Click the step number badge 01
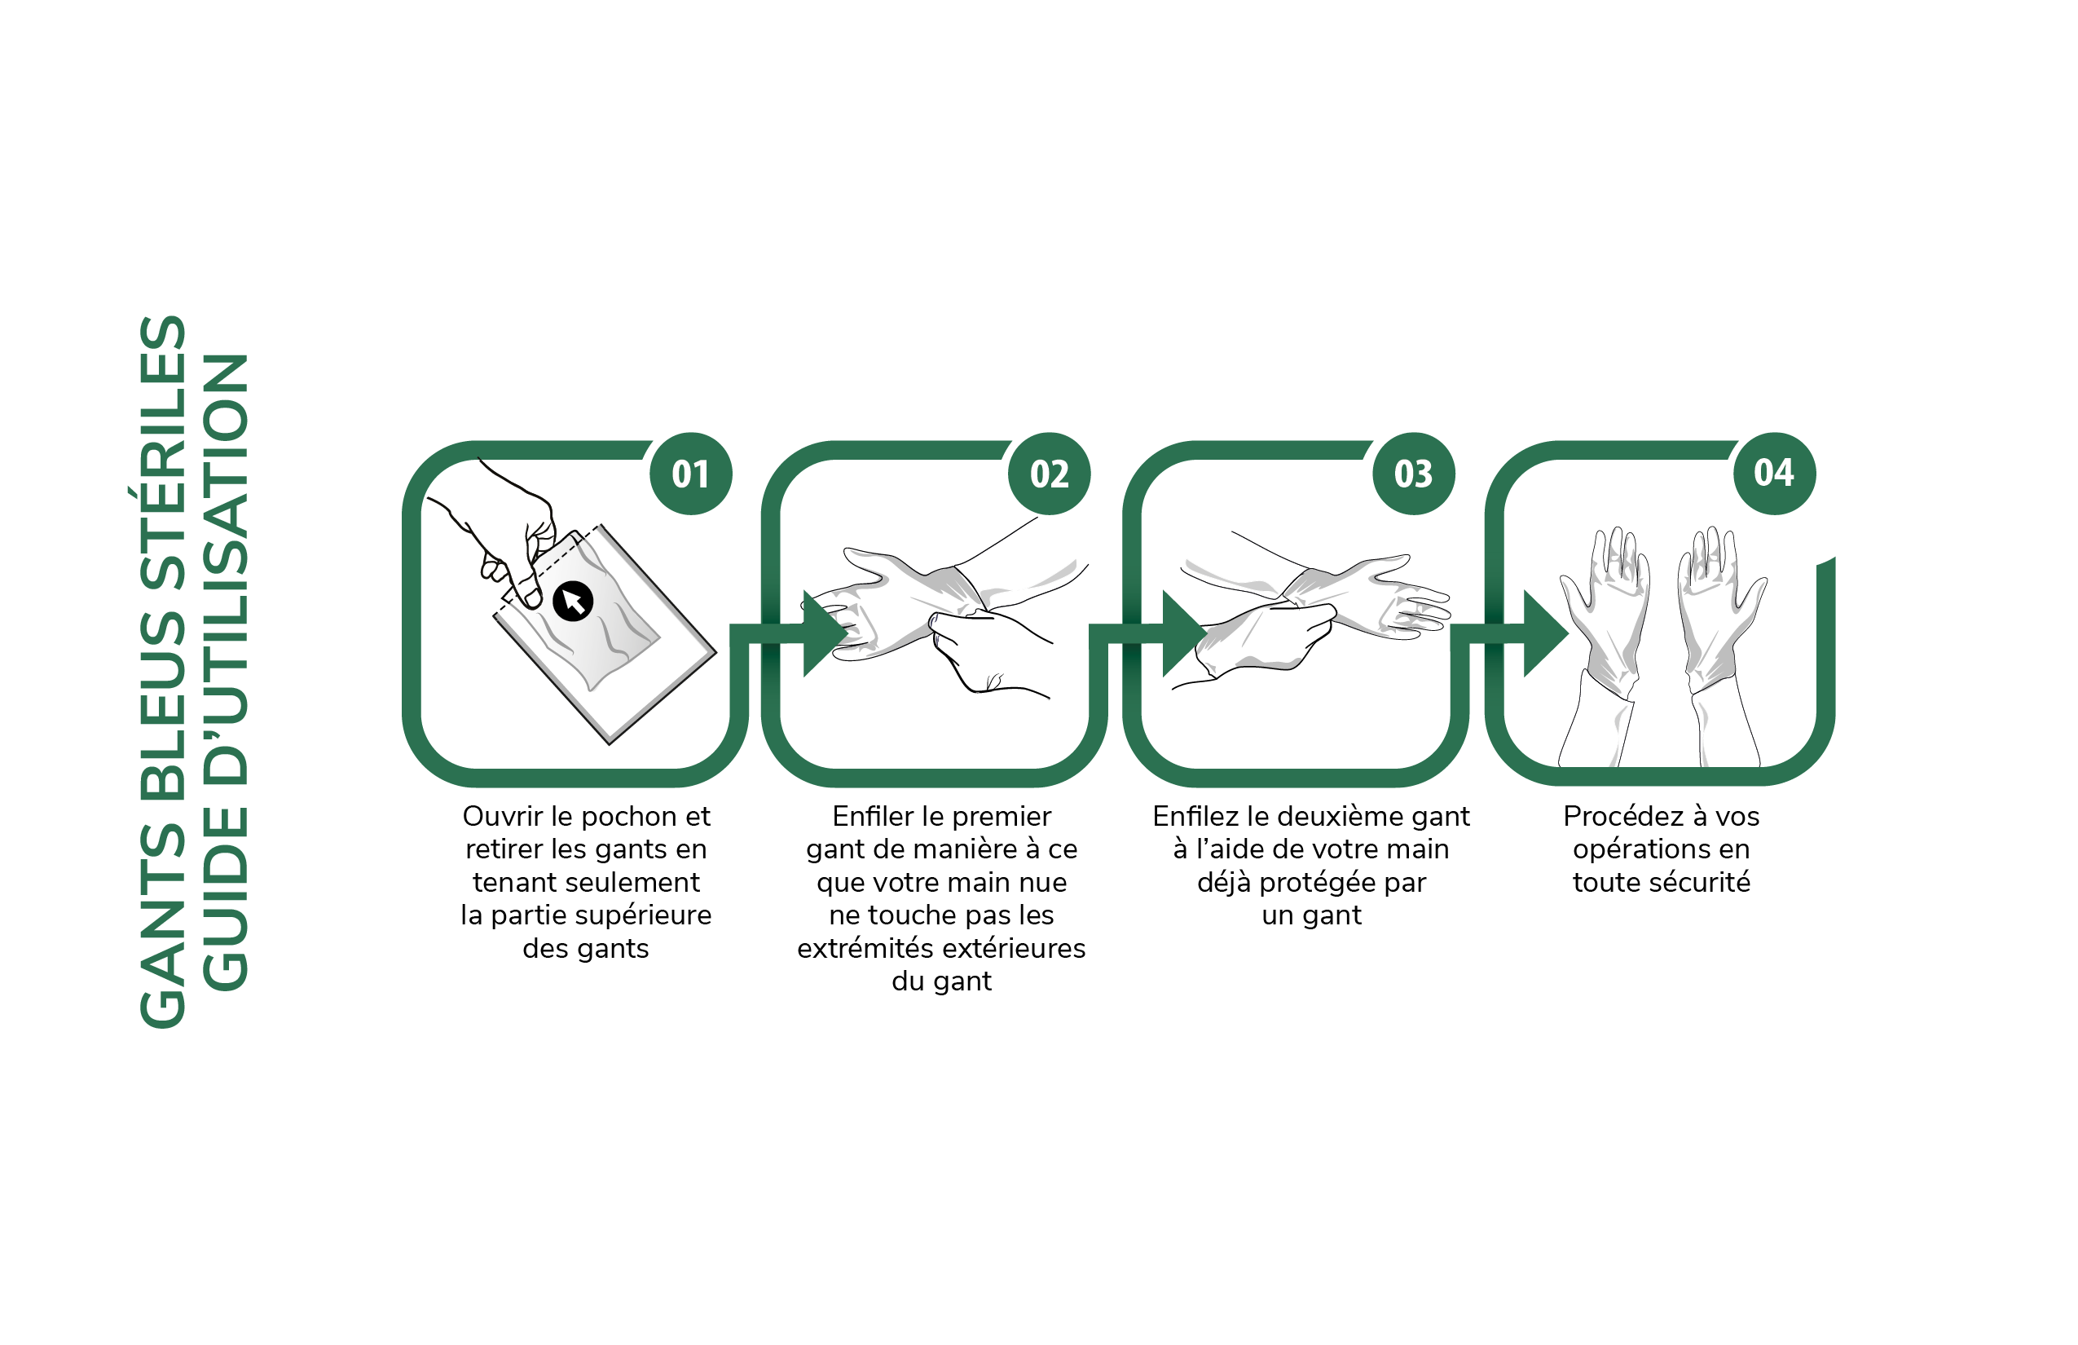[691, 474]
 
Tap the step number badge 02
[1049, 474]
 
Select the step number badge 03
[1414, 474]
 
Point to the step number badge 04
[1774, 474]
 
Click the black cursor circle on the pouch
[573, 601]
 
